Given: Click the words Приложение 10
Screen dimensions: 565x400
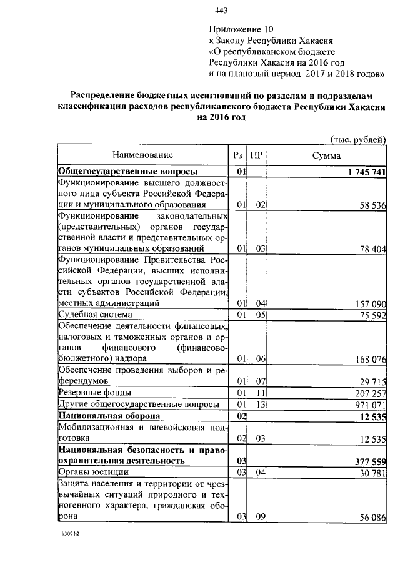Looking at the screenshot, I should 241,29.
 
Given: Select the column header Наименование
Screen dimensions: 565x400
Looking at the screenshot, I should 142,154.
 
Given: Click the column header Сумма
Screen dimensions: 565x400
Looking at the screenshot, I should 327,155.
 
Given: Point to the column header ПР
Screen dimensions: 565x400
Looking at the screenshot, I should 256,155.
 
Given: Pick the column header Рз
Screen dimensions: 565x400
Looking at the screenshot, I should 237,155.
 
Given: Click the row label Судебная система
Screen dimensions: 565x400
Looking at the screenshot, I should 95,315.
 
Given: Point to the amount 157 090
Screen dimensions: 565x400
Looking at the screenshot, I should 368,303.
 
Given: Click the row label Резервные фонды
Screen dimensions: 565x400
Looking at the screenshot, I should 94,393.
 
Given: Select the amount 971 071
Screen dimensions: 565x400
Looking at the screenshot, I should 368,405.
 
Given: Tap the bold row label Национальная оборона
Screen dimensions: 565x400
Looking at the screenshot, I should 109,416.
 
